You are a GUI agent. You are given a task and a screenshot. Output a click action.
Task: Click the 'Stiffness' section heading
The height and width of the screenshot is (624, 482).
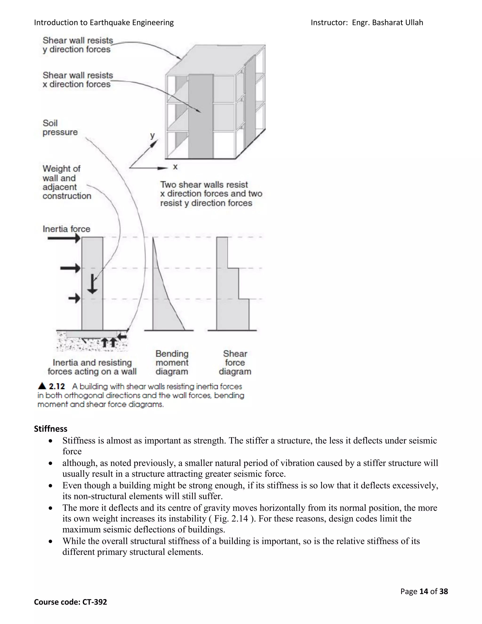pos(51,429)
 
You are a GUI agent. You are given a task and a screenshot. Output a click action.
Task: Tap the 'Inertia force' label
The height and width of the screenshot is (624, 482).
pos(66,229)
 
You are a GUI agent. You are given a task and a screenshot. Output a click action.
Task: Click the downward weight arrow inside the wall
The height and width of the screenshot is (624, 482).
pos(92,284)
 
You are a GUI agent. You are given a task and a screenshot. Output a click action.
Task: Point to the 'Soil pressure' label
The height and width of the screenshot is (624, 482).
pos(60,127)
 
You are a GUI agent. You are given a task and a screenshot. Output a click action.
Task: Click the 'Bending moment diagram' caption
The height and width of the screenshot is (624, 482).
pos(172,362)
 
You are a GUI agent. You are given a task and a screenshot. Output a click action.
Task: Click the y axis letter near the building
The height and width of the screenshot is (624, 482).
pos(153,135)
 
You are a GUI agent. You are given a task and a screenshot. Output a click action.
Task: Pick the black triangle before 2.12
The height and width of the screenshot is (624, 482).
pos(42,386)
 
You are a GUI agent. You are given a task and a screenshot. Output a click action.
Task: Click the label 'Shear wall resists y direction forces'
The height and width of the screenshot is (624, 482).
pos(77,45)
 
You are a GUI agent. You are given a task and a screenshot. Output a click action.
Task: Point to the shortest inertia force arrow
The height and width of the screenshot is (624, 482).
pos(74,299)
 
